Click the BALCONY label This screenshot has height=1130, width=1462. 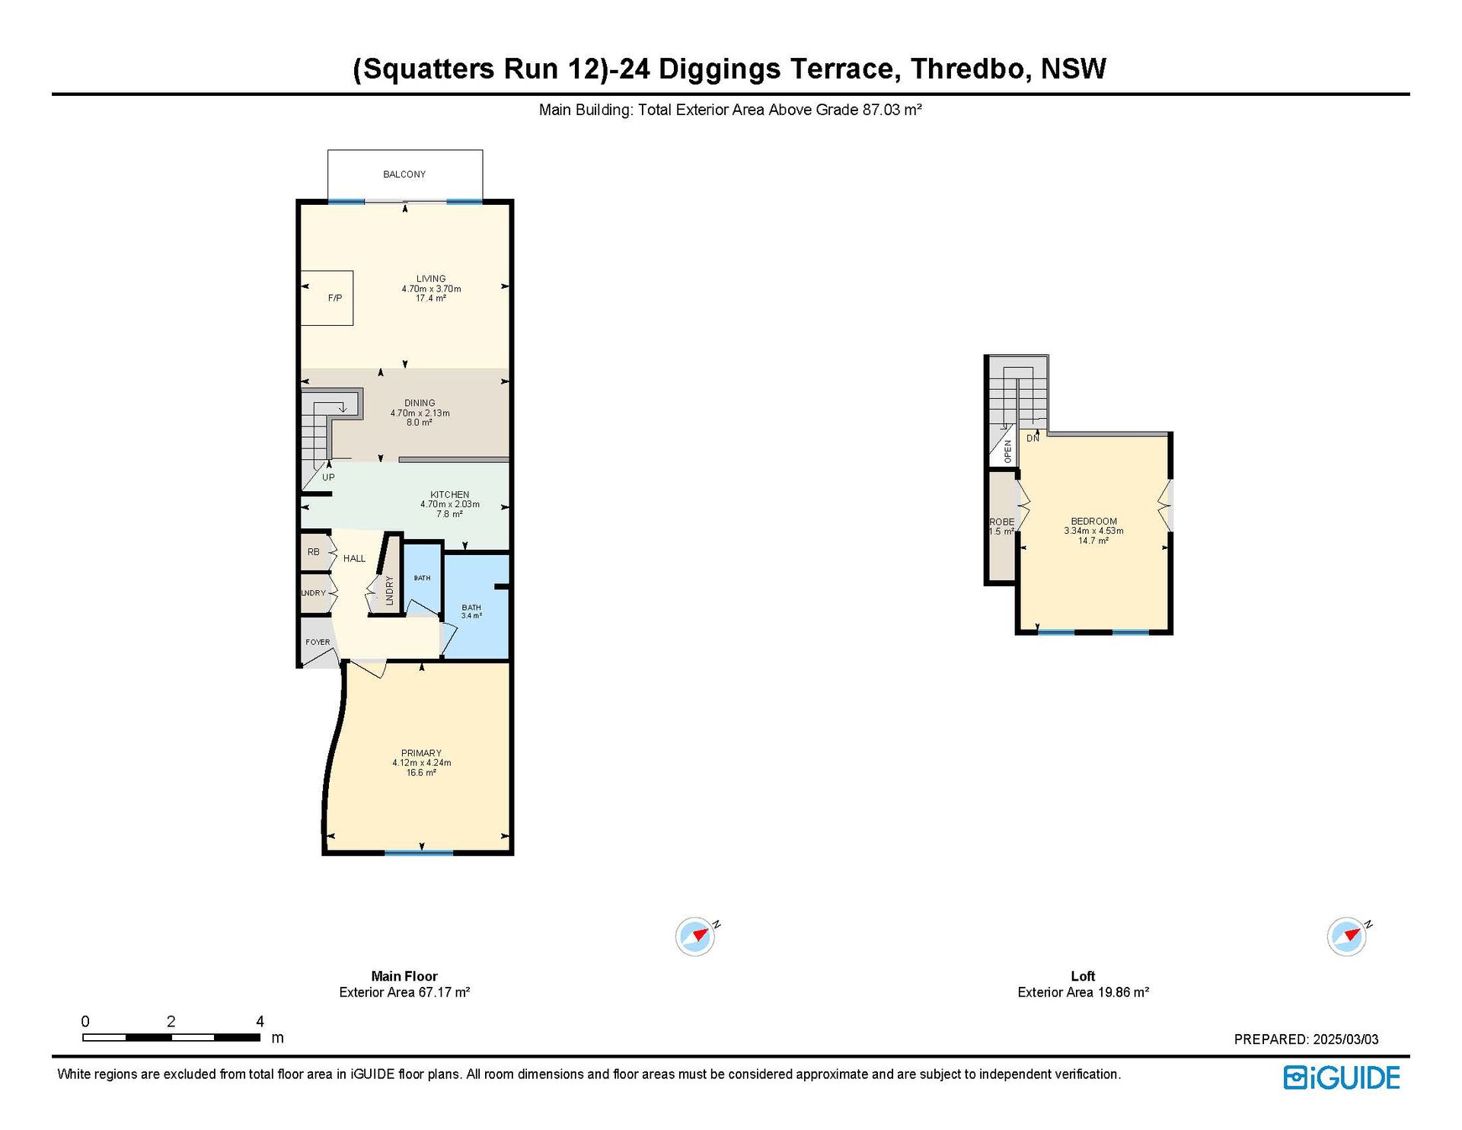[404, 174]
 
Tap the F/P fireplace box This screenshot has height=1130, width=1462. [327, 298]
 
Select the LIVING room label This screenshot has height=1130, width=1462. [431, 279]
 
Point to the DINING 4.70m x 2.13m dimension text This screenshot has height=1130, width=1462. [420, 413]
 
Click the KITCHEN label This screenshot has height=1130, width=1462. [450, 495]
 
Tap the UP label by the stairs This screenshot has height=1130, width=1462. [328, 477]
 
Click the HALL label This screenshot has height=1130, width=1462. [354, 558]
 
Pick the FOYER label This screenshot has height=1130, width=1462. [318, 642]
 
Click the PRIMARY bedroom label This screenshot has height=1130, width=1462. [421, 753]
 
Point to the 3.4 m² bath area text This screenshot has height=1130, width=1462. [471, 615]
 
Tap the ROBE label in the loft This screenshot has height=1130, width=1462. [1001, 522]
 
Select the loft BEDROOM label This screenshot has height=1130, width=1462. [1093, 522]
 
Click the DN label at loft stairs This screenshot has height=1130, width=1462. [1033, 439]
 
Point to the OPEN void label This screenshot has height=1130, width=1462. [1007, 452]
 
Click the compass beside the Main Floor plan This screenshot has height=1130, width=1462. [695, 937]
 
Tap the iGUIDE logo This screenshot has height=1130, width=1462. [1342, 1077]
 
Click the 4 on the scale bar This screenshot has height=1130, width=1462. [260, 1021]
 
